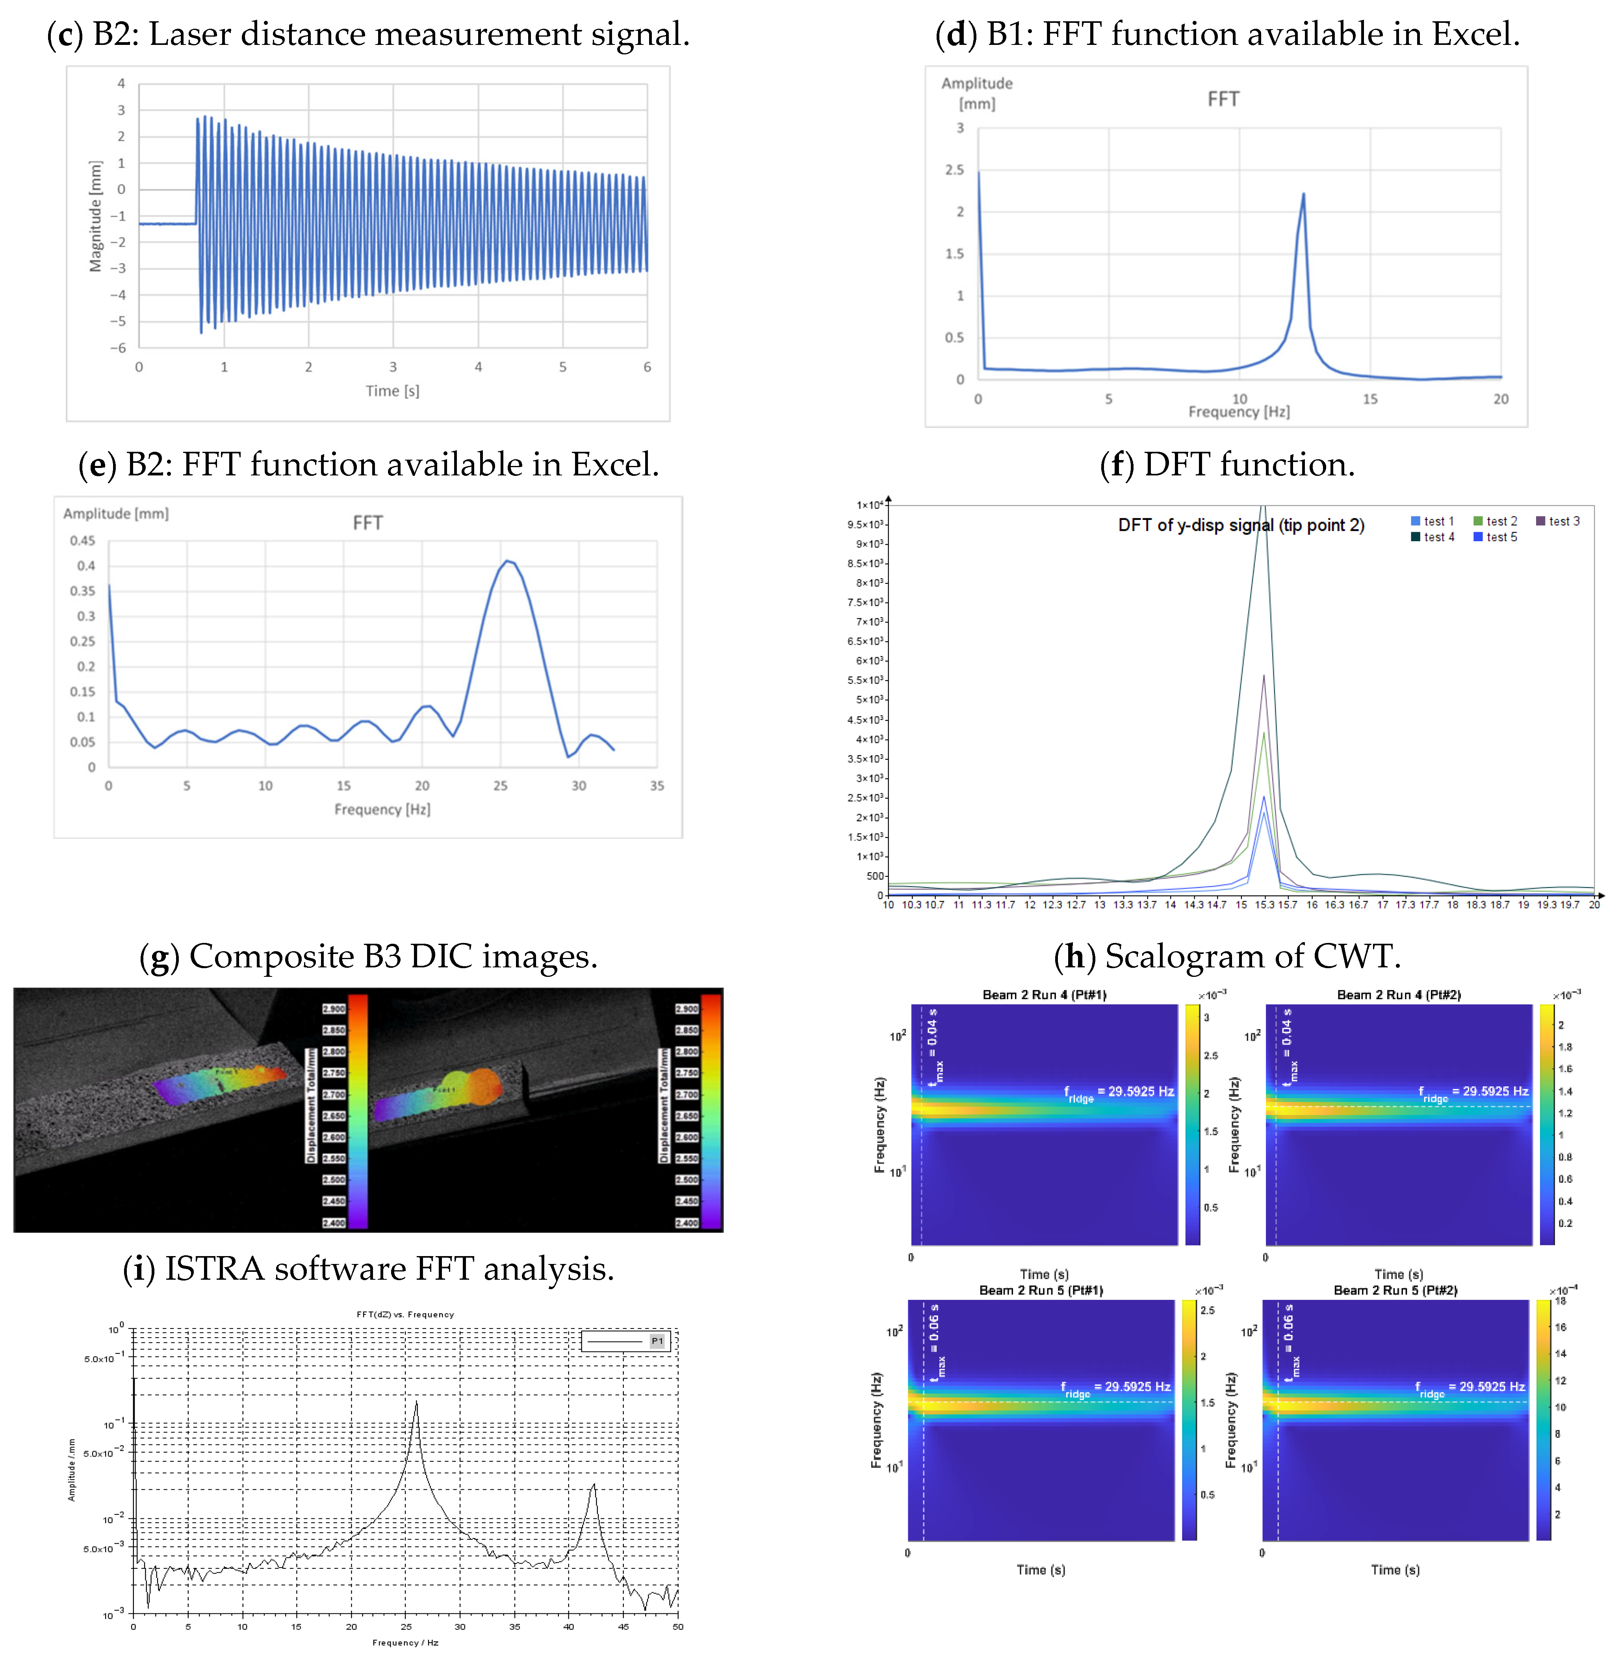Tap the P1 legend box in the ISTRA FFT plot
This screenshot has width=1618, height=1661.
coord(626,1341)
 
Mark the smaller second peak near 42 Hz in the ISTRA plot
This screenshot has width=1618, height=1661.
coord(594,1484)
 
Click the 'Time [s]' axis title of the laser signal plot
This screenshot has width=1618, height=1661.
coord(393,391)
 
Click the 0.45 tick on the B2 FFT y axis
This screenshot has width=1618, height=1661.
coord(82,540)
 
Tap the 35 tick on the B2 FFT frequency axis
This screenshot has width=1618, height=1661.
coord(657,786)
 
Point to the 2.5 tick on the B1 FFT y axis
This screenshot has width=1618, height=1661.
coord(954,170)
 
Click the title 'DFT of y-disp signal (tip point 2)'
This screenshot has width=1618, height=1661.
coord(1241,525)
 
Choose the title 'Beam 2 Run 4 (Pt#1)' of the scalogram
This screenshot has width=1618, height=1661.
coord(1043,994)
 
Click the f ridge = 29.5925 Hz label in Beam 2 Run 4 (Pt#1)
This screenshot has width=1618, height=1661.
coord(1118,1092)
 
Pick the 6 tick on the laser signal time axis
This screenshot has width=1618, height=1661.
coord(647,367)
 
